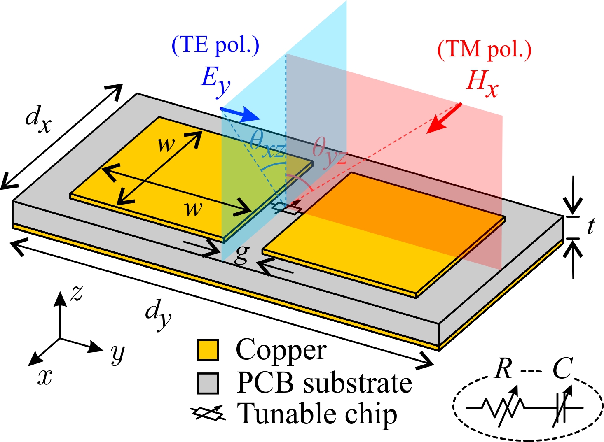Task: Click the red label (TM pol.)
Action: [485, 49]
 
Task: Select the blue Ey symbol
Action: [215, 80]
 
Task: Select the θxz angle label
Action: [267, 147]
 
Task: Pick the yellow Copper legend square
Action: [208, 350]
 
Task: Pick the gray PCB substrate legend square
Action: [208, 383]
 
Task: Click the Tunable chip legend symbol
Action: [208, 414]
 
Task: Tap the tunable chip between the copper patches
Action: [286, 208]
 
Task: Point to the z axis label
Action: [77, 293]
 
